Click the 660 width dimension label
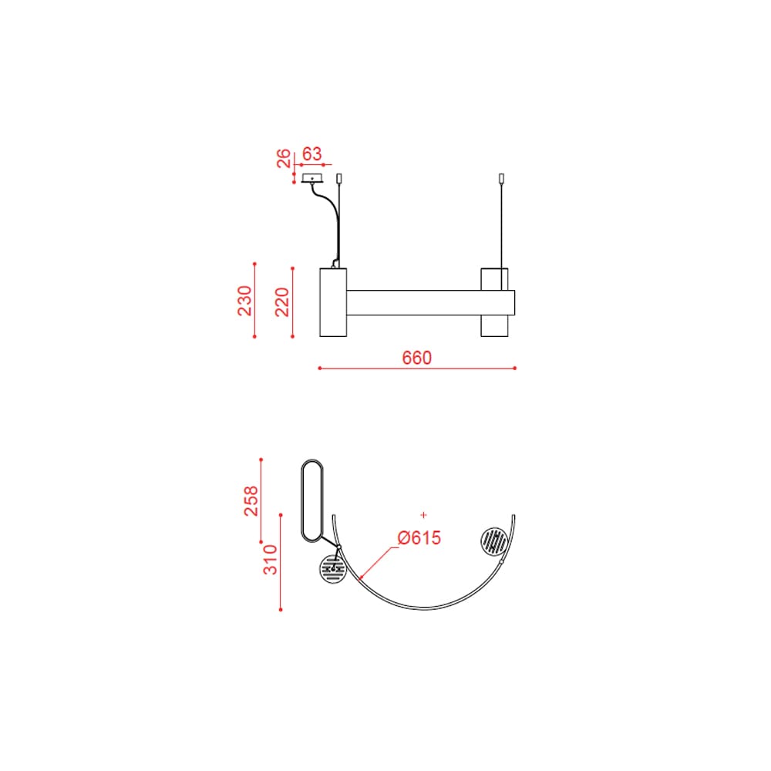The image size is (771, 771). pyautogui.click(x=416, y=358)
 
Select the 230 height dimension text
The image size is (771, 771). pyautogui.click(x=244, y=301)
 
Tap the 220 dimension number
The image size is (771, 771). pyautogui.click(x=282, y=302)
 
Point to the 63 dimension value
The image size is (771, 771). pyautogui.click(x=311, y=154)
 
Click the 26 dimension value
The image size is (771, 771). pyautogui.click(x=284, y=158)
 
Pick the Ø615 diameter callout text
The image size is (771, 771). pyautogui.click(x=419, y=537)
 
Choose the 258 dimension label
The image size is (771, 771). pyautogui.click(x=251, y=500)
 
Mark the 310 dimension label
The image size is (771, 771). pyautogui.click(x=270, y=559)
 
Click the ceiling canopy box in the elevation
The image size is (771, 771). pyautogui.click(x=312, y=178)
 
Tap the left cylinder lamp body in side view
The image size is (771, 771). pyautogui.click(x=333, y=302)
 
